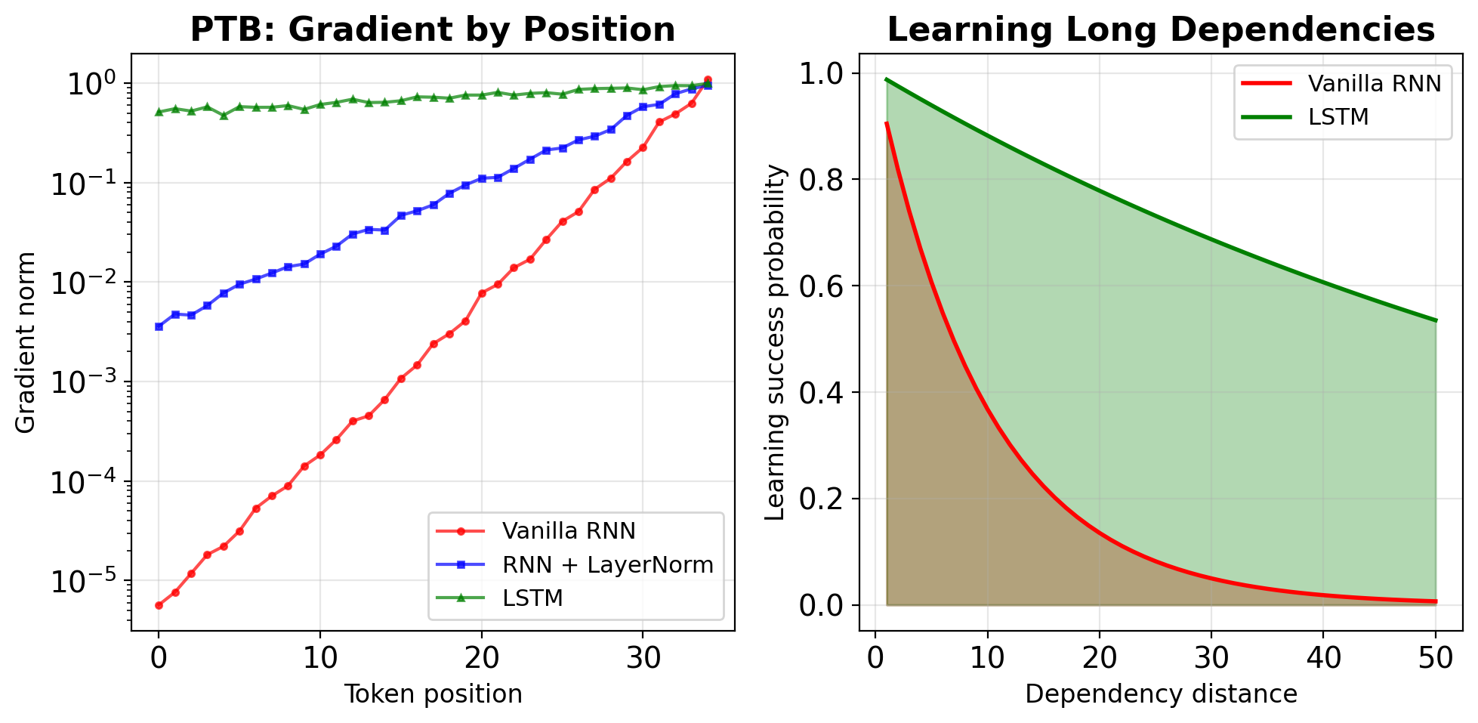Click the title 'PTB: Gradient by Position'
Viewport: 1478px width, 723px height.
coord(433,30)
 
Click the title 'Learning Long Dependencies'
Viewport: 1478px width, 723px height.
coord(1161,30)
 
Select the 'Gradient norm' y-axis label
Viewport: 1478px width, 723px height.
coord(26,342)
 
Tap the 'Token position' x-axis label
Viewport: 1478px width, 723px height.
coord(433,694)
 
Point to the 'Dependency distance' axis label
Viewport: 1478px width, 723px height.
coord(1161,694)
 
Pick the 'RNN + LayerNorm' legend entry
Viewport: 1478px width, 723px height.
coord(607,564)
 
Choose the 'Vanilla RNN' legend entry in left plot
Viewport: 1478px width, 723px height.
coord(569,531)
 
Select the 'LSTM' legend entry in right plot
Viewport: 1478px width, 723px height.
coord(1338,117)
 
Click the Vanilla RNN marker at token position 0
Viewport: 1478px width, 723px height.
coord(159,605)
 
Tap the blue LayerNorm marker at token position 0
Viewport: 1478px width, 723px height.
coord(159,326)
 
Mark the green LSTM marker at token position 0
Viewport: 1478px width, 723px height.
coord(159,112)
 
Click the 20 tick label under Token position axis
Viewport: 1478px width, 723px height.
coord(482,658)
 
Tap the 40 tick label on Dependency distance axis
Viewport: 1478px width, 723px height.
coord(1323,658)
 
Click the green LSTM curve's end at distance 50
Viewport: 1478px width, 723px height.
coord(1436,320)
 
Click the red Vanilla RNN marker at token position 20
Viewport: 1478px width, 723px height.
coord(482,293)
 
